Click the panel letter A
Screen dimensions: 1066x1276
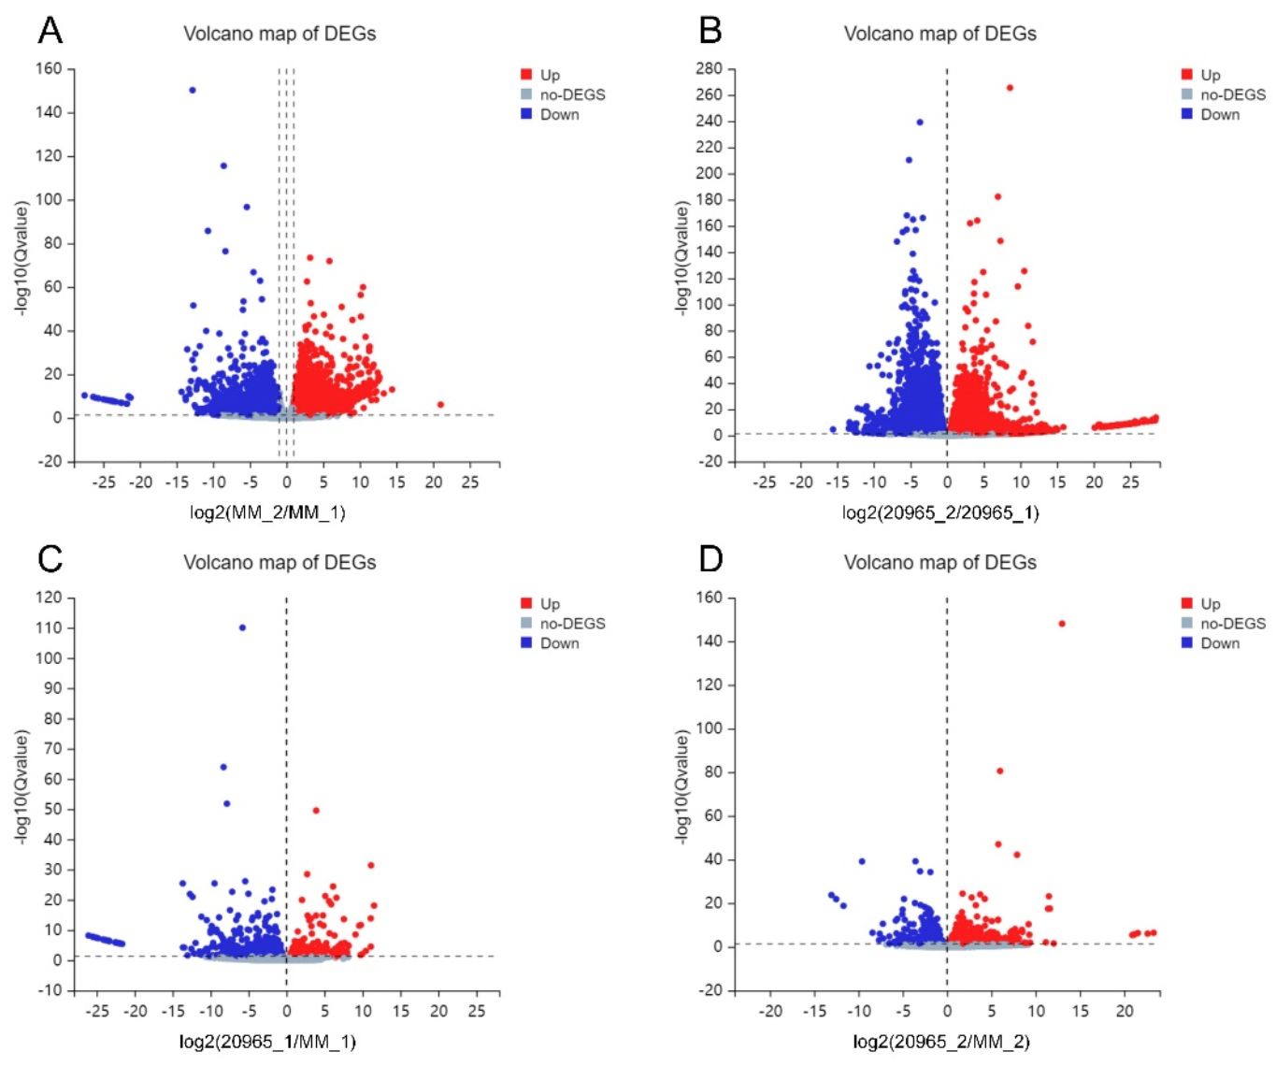(x=50, y=31)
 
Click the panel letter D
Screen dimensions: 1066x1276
(x=710, y=559)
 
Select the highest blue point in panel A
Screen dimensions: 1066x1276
(x=193, y=91)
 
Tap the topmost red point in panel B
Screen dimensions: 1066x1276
(x=1010, y=88)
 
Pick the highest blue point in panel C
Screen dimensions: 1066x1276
(x=242, y=627)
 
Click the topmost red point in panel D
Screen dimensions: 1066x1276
(x=1062, y=624)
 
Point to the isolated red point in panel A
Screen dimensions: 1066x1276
(x=440, y=405)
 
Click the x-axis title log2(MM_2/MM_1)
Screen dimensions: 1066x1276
(x=267, y=512)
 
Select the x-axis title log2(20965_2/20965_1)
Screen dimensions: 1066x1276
(x=940, y=512)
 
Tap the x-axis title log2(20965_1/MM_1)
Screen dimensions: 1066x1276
(x=267, y=1042)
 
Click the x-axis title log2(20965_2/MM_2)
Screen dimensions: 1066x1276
(x=940, y=1042)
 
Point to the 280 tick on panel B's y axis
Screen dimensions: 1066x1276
(x=710, y=69)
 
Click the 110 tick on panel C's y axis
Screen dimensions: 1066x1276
(x=49, y=628)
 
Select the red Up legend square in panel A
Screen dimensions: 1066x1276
(x=526, y=75)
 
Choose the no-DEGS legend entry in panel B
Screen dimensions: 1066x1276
(x=1232, y=94)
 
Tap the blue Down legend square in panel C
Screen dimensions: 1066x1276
(x=526, y=643)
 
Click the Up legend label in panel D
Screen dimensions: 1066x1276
(x=1211, y=604)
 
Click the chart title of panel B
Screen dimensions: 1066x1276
(x=939, y=34)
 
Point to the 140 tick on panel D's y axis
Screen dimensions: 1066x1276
(x=710, y=641)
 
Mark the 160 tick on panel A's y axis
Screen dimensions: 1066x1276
(x=49, y=69)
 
